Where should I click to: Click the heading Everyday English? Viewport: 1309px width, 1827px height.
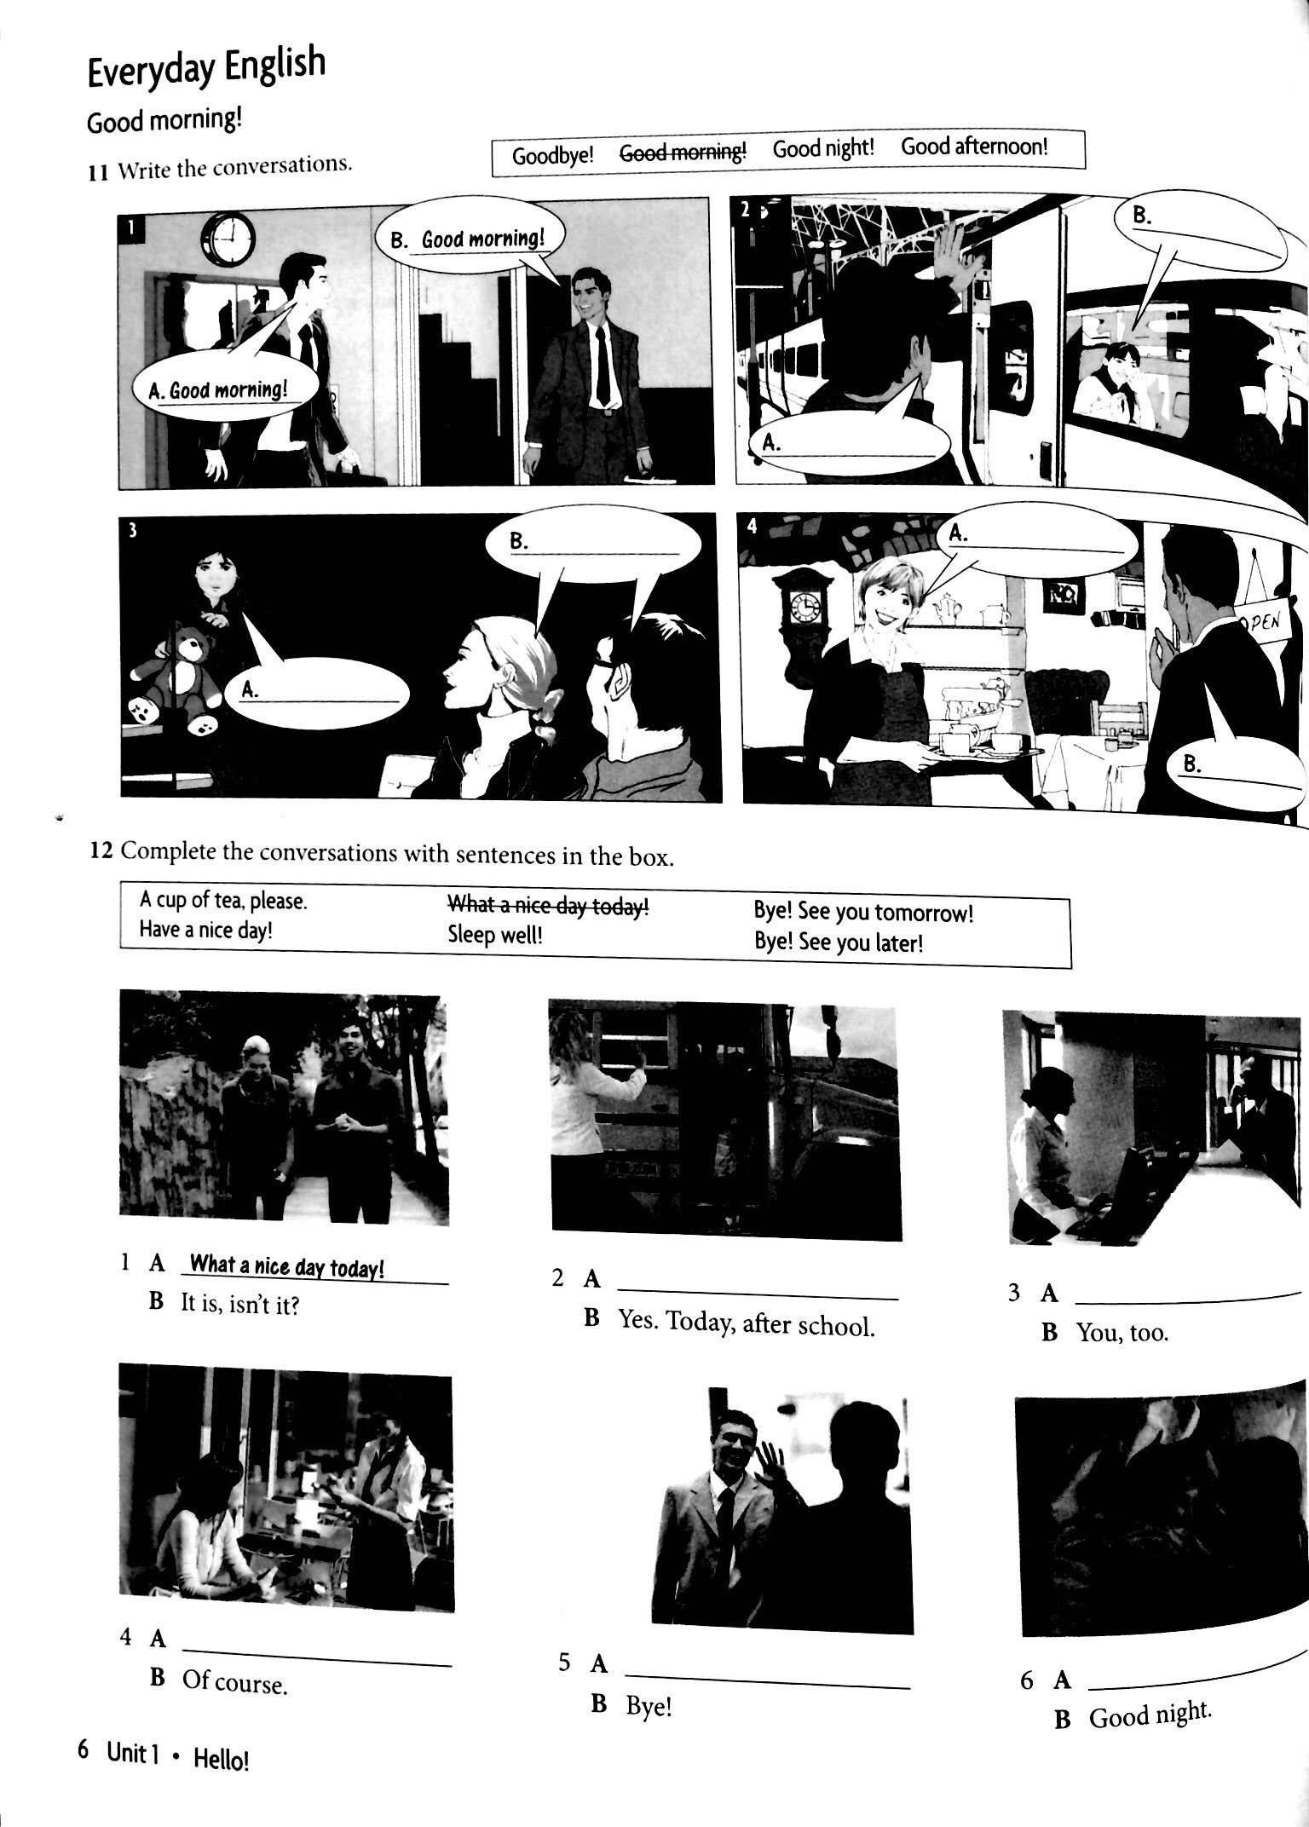point(205,66)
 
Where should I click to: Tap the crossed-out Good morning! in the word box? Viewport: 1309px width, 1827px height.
point(682,152)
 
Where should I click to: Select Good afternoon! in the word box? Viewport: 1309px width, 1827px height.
point(974,147)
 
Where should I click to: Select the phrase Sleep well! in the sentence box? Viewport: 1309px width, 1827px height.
point(495,936)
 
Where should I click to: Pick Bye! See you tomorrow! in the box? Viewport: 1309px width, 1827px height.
point(862,912)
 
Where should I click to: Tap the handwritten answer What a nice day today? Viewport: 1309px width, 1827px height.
point(286,1266)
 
